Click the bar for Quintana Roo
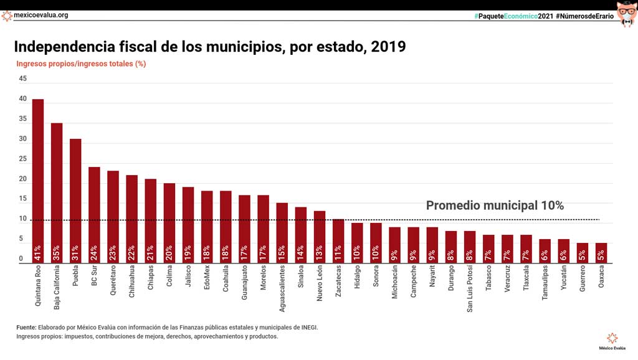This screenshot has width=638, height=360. click(x=38, y=181)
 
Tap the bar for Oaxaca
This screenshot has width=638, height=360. click(x=601, y=253)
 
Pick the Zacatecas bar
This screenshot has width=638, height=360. click(x=338, y=240)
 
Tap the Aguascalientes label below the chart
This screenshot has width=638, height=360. click(x=282, y=290)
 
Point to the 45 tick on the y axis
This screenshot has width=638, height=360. click(x=23, y=79)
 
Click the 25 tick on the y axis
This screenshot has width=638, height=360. click(x=23, y=159)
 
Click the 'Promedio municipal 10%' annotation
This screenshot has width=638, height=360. click(x=495, y=206)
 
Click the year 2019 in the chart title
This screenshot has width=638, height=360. click(x=388, y=47)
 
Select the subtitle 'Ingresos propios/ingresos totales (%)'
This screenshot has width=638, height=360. click(x=81, y=64)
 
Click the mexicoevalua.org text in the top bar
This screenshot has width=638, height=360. click(x=41, y=15)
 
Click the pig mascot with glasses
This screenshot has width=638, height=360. click(x=626, y=14)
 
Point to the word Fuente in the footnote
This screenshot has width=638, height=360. click(x=26, y=327)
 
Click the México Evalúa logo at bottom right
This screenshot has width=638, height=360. click(x=613, y=339)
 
